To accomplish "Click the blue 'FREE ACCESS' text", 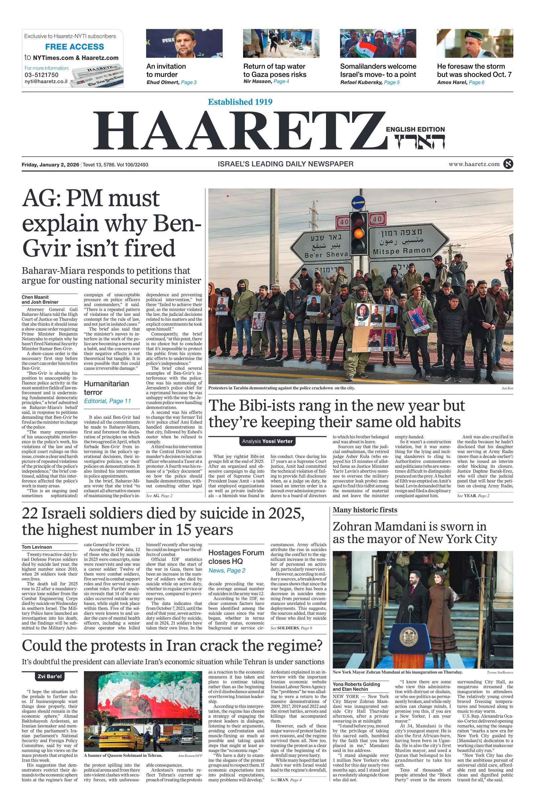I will click(74, 47).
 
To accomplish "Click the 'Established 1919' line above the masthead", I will click(240, 102).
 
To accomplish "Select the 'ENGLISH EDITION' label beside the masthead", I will click(415, 129).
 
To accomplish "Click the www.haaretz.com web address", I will click(474, 164).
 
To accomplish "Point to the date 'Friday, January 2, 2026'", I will click(50, 165).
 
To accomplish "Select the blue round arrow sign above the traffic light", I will click(358, 202).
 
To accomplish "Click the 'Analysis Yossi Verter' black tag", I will click(267, 441).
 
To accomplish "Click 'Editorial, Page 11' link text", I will click(107, 401).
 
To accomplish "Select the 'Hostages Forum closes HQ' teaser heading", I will click(236, 557).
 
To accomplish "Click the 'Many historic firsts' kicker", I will click(365, 510).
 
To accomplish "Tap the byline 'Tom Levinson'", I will click(37, 547).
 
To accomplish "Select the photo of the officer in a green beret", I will click(474, 43).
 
